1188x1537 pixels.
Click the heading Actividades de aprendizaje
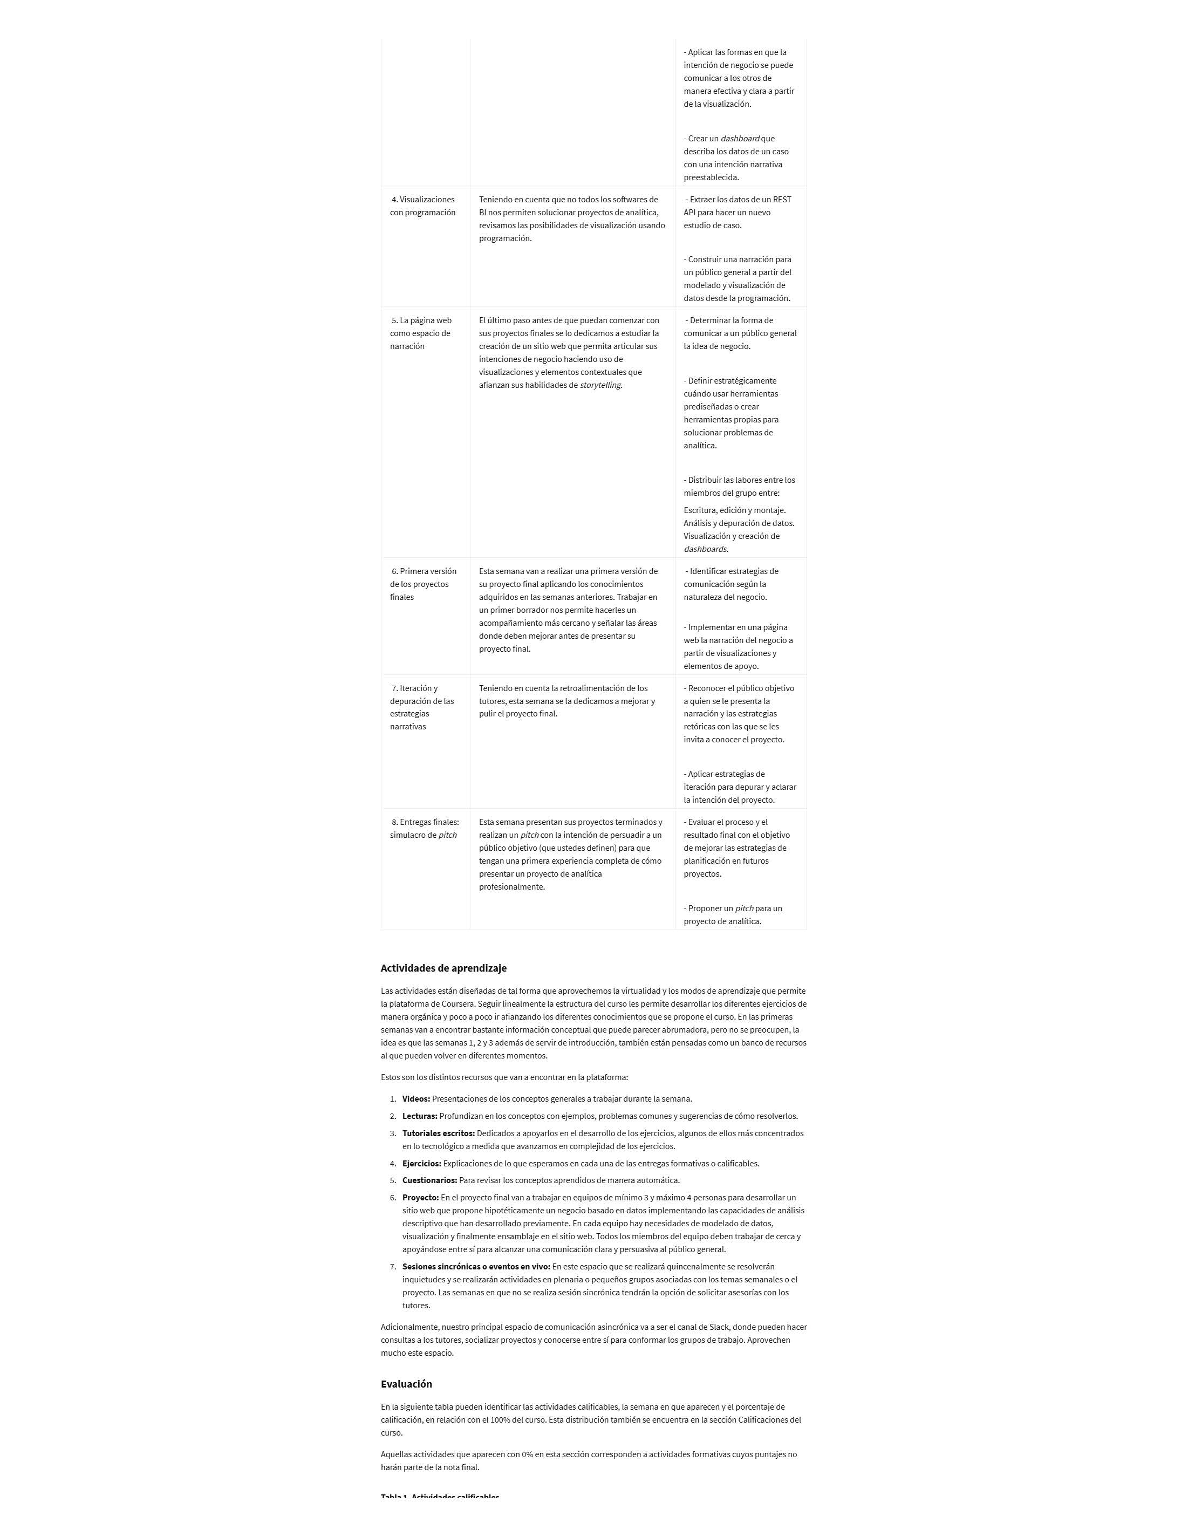click(x=443, y=968)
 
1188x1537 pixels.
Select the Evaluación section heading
click(x=406, y=1384)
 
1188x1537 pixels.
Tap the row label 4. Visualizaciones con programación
click(x=423, y=206)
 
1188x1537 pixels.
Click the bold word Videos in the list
click(x=416, y=1098)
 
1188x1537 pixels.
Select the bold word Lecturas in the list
click(x=419, y=1116)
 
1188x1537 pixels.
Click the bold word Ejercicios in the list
click(x=421, y=1163)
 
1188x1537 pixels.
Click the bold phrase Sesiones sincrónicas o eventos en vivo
click(x=476, y=1266)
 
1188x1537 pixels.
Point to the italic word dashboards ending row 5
click(x=705, y=549)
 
